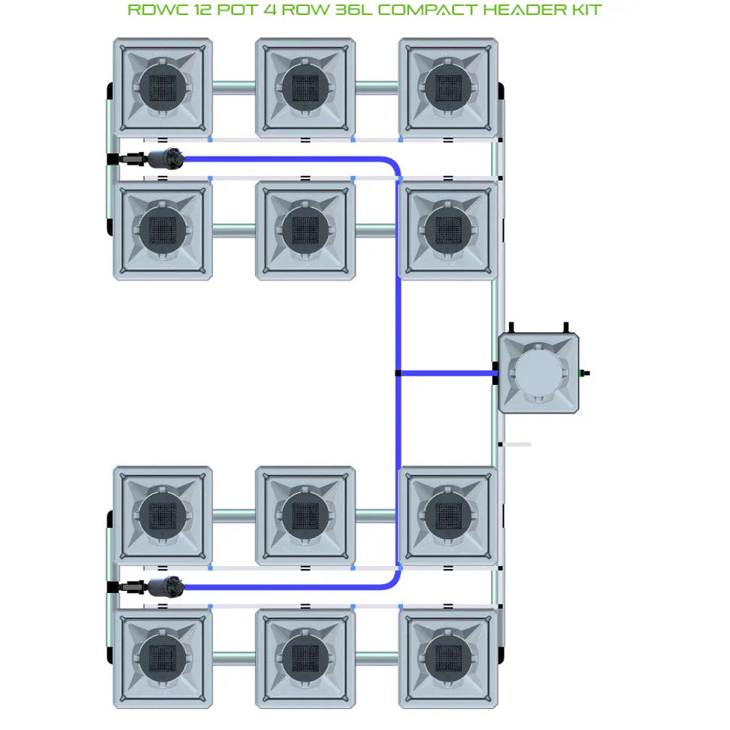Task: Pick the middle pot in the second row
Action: [304, 230]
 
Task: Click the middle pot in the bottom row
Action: [304, 659]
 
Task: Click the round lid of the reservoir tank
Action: [539, 372]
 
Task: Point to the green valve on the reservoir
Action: [583, 372]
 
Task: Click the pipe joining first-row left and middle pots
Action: [233, 87]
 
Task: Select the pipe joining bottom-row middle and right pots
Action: [376, 659]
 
